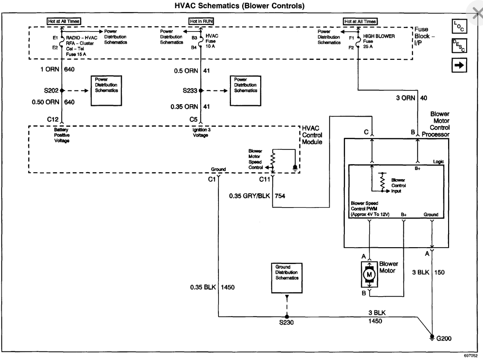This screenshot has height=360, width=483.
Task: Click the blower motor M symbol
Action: click(x=369, y=274)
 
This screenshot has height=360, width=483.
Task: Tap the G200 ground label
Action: click(x=443, y=338)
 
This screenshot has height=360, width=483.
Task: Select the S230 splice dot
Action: click(x=287, y=317)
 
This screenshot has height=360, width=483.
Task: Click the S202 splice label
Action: click(x=51, y=90)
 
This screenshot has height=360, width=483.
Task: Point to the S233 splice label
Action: click(x=190, y=90)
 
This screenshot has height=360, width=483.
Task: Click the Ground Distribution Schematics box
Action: click(x=287, y=278)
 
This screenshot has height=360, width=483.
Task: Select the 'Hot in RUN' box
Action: click(x=201, y=21)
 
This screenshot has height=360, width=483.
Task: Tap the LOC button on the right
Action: click(x=459, y=26)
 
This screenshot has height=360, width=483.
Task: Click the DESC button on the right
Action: click(x=459, y=46)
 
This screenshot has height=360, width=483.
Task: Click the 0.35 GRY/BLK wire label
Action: click(x=249, y=196)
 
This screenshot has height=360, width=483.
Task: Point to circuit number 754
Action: click(x=280, y=196)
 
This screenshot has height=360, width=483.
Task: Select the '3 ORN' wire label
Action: click(x=406, y=98)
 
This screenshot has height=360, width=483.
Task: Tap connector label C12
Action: click(x=53, y=119)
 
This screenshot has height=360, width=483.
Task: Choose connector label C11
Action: click(x=265, y=179)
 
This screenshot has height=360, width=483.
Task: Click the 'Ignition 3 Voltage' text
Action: click(x=202, y=133)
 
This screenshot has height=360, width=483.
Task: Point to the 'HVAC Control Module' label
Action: click(x=312, y=135)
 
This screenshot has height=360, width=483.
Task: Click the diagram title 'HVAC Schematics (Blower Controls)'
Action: click(x=239, y=6)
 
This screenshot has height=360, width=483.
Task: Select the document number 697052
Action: click(x=471, y=355)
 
